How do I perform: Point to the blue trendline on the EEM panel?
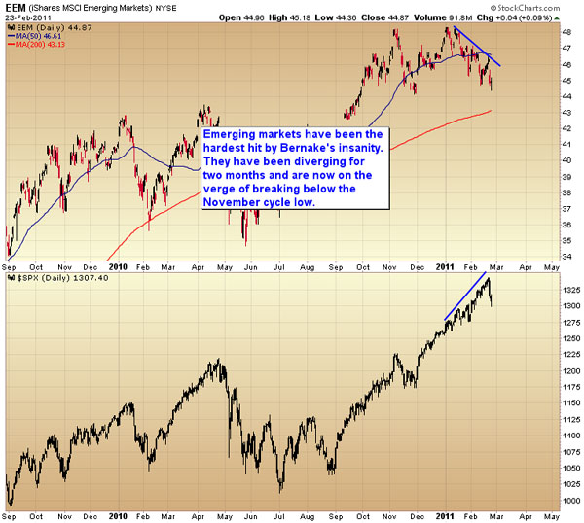point(477,45)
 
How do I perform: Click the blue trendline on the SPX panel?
point(464,297)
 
